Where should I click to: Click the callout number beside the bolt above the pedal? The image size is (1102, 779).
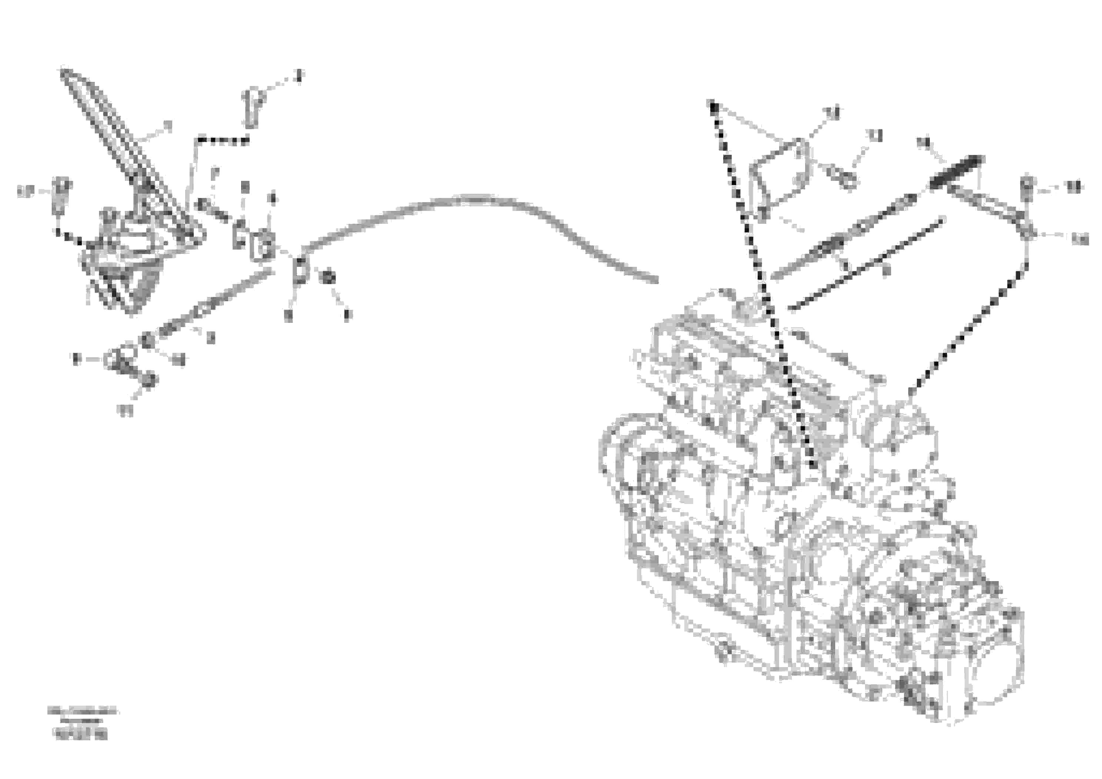(x=299, y=75)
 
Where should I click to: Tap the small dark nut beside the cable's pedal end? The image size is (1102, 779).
(x=328, y=278)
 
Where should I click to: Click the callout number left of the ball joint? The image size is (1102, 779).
(x=76, y=358)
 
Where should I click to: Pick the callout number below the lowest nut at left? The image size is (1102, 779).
(x=126, y=411)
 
